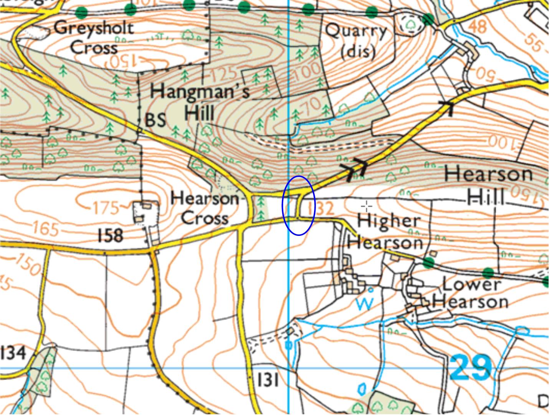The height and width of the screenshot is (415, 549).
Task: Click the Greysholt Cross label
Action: click(x=94, y=38)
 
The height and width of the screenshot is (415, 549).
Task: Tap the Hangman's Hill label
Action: click(x=200, y=102)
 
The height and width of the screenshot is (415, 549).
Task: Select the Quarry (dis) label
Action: click(x=356, y=41)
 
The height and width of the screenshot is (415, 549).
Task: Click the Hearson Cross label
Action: click(x=204, y=209)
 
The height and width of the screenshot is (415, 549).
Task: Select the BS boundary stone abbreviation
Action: click(x=156, y=120)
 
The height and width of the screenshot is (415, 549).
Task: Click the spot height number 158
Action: click(x=111, y=235)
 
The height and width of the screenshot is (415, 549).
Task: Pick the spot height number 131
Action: click(x=268, y=380)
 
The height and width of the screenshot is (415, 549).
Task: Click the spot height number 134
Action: click(x=13, y=352)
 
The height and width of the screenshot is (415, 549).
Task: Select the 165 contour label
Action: click(x=45, y=229)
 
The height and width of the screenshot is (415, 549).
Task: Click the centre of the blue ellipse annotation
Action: click(x=299, y=205)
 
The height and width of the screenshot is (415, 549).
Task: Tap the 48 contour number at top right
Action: click(x=478, y=27)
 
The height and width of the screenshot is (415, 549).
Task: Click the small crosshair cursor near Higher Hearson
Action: click(x=367, y=206)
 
